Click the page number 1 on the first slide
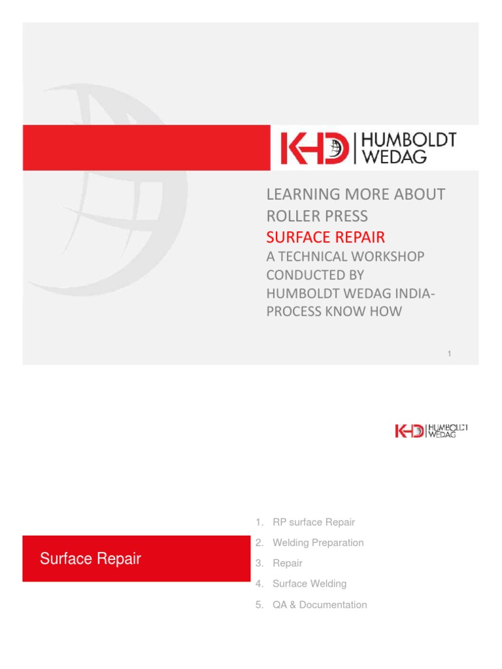pyautogui.click(x=450, y=353)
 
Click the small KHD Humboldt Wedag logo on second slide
pyautogui.click(x=431, y=431)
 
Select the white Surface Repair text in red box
pyautogui.click(x=90, y=559)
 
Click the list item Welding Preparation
pyautogui.click(x=318, y=542)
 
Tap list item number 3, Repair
pyautogui.click(x=288, y=562)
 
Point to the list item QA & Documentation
pyautogui.click(x=320, y=604)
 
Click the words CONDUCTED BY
pyautogui.click(x=312, y=275)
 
